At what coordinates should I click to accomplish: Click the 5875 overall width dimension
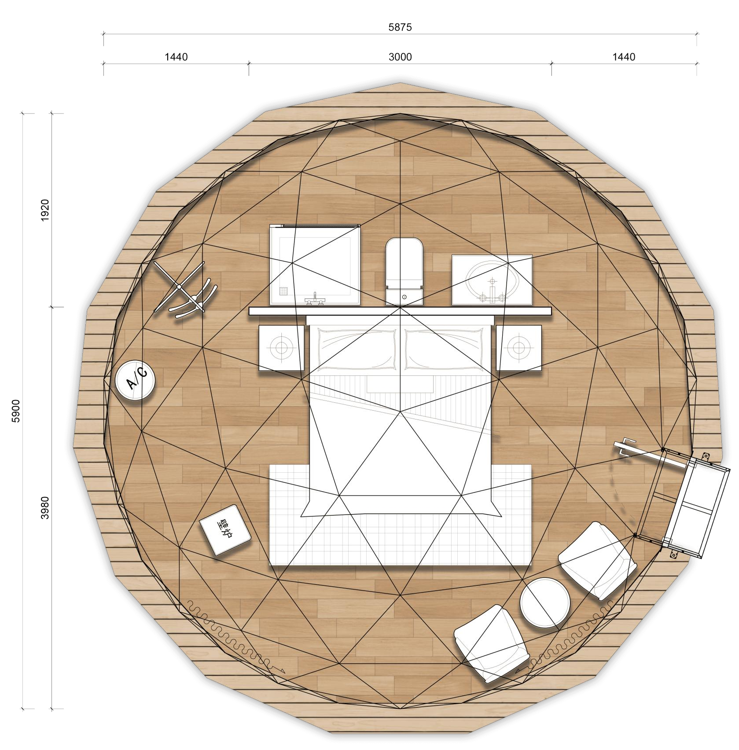[400, 27]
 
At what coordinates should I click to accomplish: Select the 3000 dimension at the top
[400, 57]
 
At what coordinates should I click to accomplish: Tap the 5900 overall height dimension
[16, 411]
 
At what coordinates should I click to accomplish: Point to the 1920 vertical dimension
[45, 210]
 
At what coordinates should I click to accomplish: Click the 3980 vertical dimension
[45, 507]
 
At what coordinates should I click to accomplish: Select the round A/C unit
[135, 380]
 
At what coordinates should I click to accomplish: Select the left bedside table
[281, 347]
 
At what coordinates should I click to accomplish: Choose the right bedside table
[519, 347]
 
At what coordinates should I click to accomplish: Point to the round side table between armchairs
[545, 603]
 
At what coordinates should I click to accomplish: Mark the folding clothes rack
[184, 290]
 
